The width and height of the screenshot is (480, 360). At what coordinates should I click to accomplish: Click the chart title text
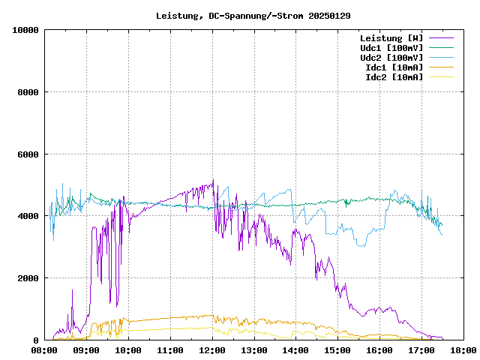coord(253,15)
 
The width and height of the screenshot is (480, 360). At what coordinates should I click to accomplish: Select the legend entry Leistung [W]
coord(391,38)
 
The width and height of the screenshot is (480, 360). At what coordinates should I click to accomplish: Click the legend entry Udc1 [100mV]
coord(391,48)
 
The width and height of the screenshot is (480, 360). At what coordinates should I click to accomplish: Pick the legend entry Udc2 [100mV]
coord(391,58)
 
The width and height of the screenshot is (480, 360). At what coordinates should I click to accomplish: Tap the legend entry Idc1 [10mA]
coord(394,67)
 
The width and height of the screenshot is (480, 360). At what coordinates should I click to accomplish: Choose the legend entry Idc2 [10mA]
coord(394,77)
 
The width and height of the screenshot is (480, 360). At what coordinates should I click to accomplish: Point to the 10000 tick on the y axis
coord(25,30)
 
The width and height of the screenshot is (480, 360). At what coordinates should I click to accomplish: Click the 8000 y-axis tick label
coord(28,92)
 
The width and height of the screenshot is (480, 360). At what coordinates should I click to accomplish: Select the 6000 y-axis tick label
coord(28,154)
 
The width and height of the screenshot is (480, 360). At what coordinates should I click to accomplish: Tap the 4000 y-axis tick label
coord(28,216)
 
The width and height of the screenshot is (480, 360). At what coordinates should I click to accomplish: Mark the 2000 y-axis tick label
coord(28,278)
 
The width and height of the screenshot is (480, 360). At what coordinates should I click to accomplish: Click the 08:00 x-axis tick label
coord(45,349)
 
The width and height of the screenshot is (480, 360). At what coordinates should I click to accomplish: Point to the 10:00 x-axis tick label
coord(128,349)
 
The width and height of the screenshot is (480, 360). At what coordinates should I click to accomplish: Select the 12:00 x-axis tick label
coord(212,349)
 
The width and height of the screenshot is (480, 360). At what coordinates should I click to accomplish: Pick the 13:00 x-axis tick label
coord(254,349)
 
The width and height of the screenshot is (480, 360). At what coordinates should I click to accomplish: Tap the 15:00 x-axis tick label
coord(337,349)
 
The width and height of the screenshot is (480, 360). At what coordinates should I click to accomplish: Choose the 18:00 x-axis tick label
coord(463,349)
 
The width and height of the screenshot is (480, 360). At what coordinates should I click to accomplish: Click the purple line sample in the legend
coord(441,38)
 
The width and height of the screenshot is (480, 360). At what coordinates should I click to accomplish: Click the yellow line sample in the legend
coord(441,77)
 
